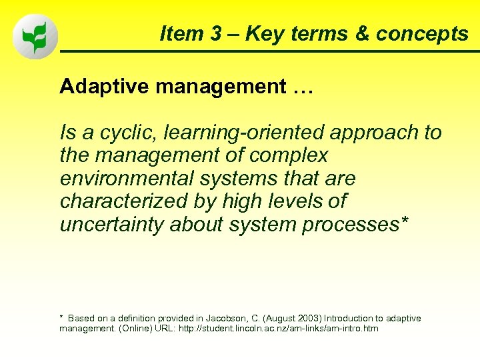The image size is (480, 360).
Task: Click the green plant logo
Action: [x=35, y=37]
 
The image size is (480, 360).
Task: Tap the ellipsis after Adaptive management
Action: [x=300, y=88]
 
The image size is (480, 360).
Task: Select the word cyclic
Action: [x=127, y=133]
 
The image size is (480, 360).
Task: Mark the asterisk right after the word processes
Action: [x=403, y=222]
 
